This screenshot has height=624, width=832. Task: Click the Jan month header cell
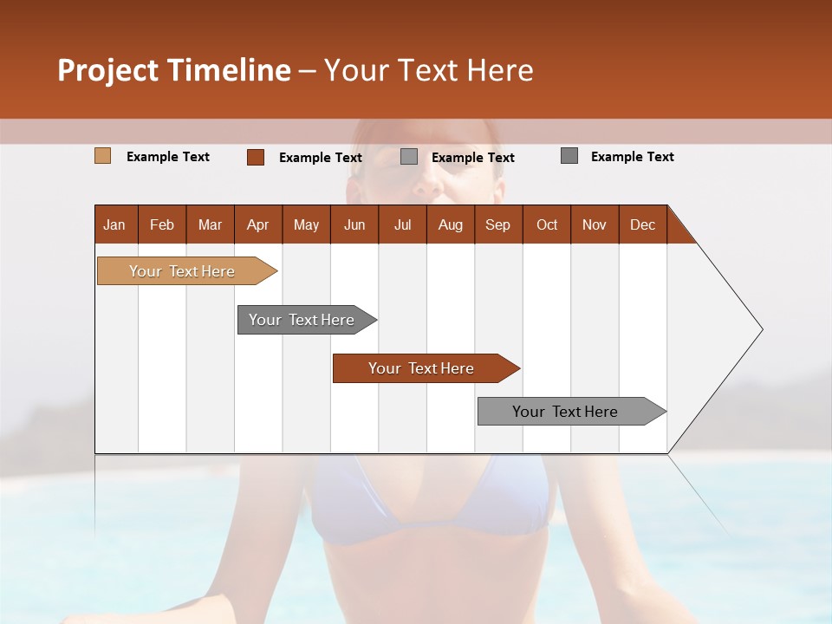(115, 224)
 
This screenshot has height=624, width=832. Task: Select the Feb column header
(162, 224)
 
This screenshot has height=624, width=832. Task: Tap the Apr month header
(258, 224)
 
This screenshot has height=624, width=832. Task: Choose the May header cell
(306, 224)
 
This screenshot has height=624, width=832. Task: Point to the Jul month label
(402, 224)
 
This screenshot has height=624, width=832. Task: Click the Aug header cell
(451, 224)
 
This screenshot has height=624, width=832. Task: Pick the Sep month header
(498, 224)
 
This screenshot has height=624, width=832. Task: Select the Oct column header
(547, 224)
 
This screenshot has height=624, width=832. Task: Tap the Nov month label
(595, 224)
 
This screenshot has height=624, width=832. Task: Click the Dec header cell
(643, 224)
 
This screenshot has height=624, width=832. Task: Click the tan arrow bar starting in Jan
(183, 271)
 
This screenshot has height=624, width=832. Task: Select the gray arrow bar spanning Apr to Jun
(302, 320)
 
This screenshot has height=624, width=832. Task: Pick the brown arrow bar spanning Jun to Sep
(422, 368)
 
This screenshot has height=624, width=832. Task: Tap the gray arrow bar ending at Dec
(566, 412)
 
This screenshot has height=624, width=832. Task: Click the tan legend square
(103, 156)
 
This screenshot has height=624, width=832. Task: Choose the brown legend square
(256, 157)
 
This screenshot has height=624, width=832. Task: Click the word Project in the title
(107, 70)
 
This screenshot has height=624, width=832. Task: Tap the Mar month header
(210, 224)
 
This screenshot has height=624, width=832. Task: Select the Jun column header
(354, 224)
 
